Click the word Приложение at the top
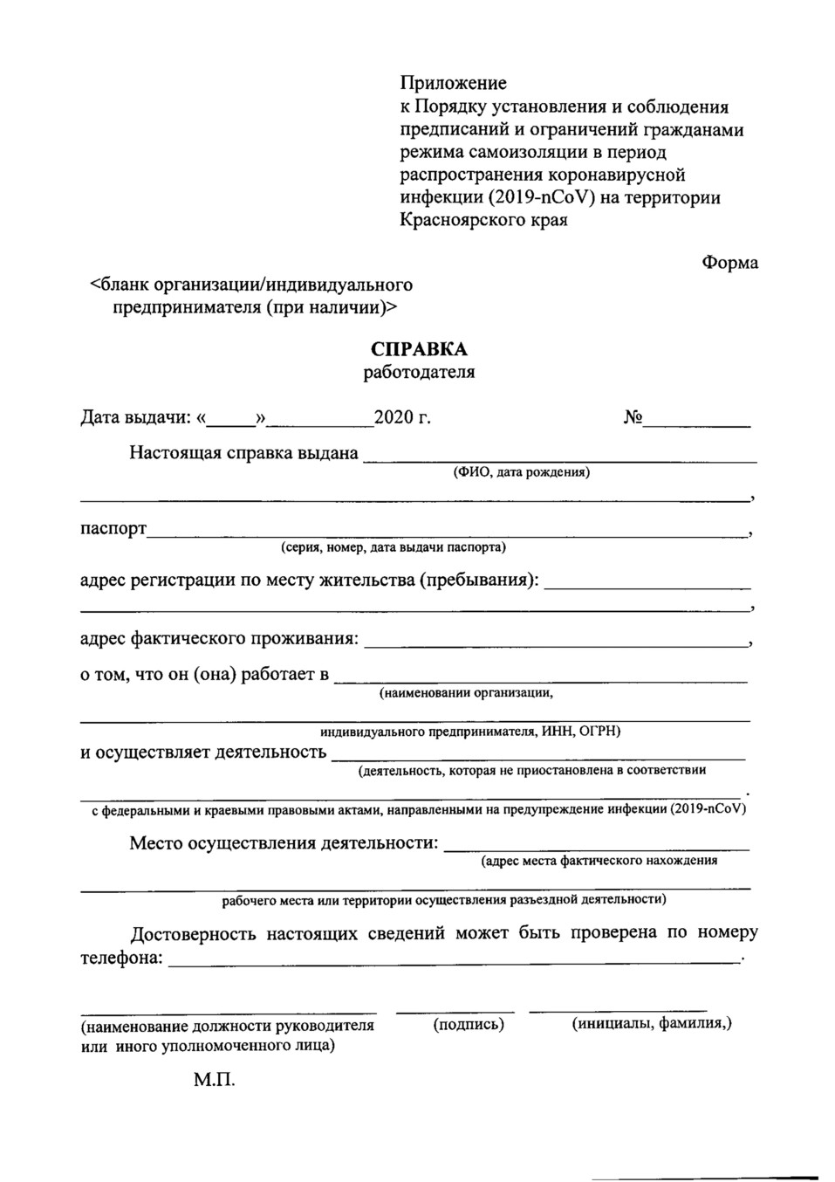(x=453, y=84)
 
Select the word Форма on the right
(x=729, y=263)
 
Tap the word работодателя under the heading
(x=419, y=373)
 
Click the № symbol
(x=633, y=417)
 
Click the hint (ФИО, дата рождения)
(x=521, y=473)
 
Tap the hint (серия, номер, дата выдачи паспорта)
(x=394, y=548)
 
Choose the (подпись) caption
(x=469, y=1025)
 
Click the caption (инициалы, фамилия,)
(x=652, y=1024)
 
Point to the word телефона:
(x=121, y=959)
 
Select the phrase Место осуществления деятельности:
(x=284, y=843)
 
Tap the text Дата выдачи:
(x=135, y=417)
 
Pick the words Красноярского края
(x=483, y=221)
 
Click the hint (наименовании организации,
(x=466, y=693)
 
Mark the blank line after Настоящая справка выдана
(x=559, y=457)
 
